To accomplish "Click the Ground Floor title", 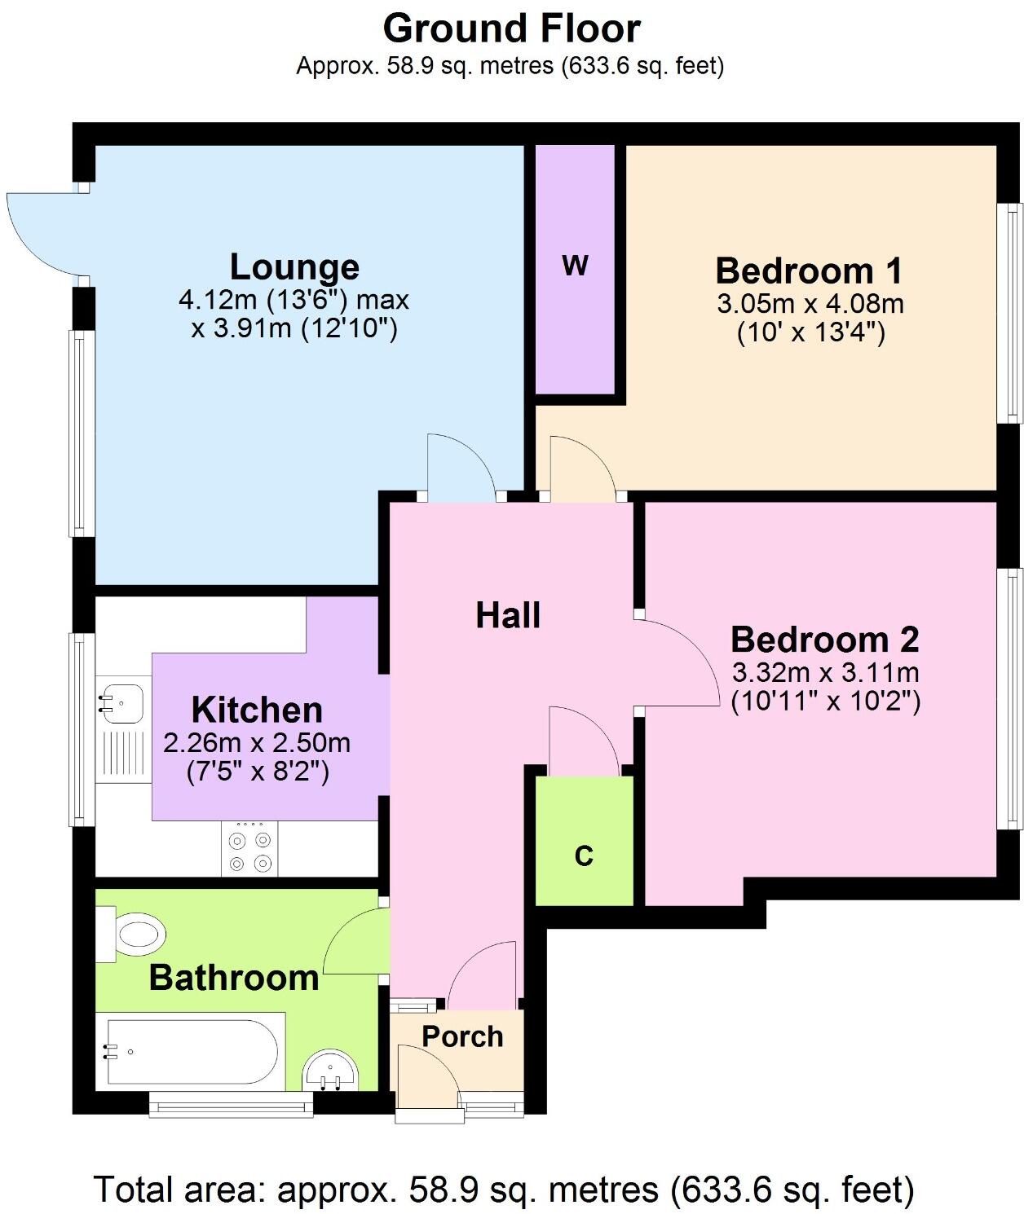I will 511,29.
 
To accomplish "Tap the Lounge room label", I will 294,266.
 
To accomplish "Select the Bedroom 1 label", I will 810,270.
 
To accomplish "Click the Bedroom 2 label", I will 824,640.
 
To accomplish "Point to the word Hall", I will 508,615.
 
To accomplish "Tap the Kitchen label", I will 257,710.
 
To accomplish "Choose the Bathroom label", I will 234,978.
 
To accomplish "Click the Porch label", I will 462,1036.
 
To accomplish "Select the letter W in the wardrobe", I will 575,266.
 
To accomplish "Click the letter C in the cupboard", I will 584,856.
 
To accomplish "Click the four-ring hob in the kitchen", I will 249,850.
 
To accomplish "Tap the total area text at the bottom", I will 504,1190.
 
